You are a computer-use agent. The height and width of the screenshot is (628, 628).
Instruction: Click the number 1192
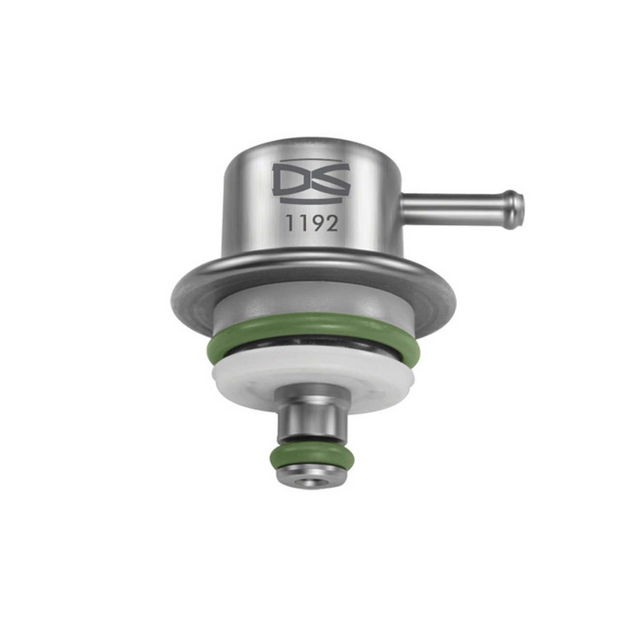coord(312,224)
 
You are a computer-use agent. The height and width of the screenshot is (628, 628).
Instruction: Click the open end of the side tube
coord(520,206)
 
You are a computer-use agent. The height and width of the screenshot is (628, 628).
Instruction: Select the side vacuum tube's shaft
coord(454,207)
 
